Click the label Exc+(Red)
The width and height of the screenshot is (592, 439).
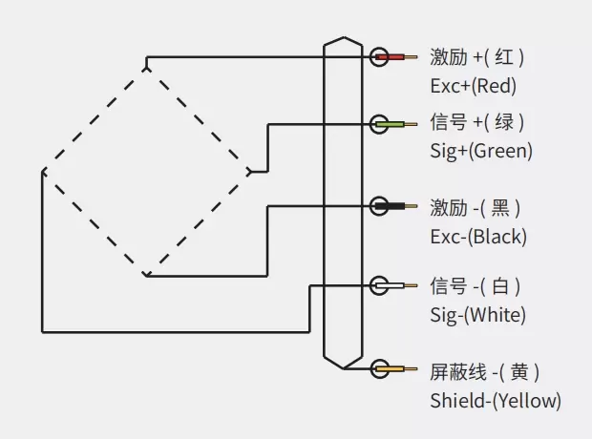pos(473,86)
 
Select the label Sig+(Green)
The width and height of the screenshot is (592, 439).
pos(481,151)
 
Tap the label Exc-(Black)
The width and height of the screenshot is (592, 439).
pos(477,236)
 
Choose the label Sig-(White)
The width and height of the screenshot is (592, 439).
pos(477,314)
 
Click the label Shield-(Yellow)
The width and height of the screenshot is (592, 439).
pos(495,400)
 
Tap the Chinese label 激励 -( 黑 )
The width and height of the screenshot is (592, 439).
pos(476,207)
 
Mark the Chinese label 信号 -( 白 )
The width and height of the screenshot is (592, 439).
pos(476,285)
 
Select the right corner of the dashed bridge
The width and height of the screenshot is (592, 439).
pos(251,173)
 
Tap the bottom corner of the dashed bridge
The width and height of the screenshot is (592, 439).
pos(146,275)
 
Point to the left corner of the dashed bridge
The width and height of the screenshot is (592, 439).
pos(43,173)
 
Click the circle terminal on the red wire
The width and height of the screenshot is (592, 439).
pos(379,57)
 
